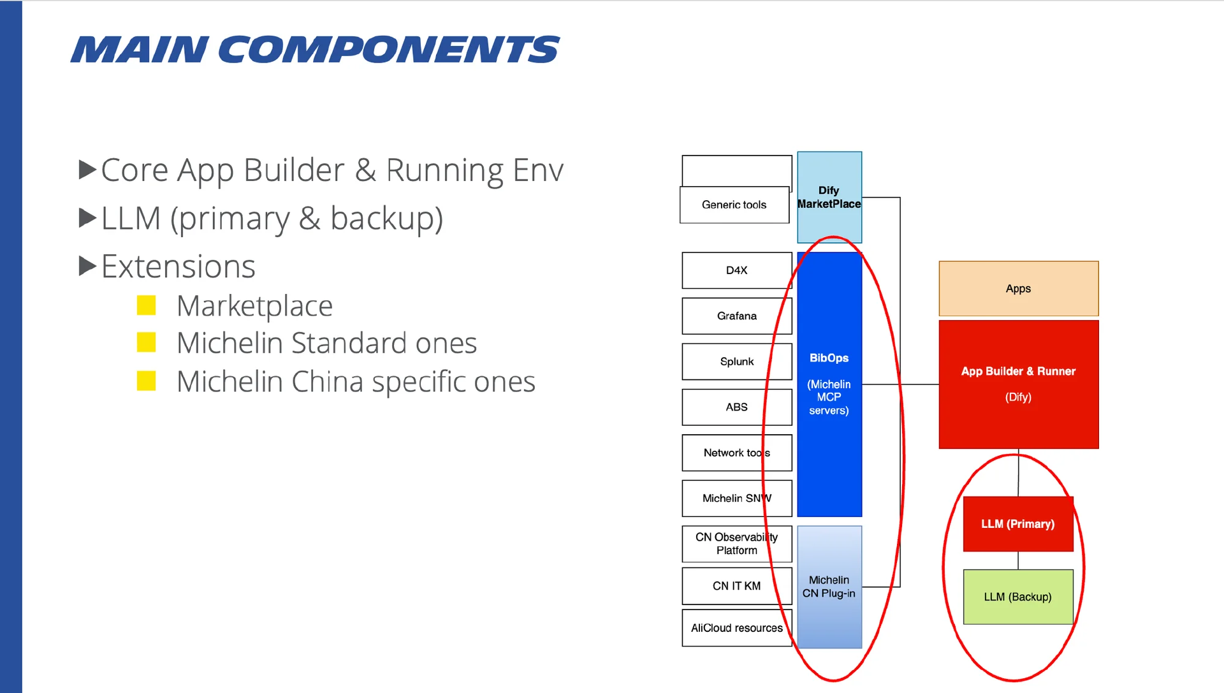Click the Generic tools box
tap(734, 205)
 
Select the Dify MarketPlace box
tap(829, 197)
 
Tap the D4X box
tap(736, 270)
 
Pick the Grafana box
tap(736, 316)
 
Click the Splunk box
tap(736, 361)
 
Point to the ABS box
tap(736, 407)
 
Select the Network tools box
tap(736, 453)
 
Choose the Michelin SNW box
tap(736, 498)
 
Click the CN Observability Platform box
tap(736, 544)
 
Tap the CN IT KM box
tap(736, 586)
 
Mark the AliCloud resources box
tap(736, 628)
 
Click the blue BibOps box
tap(829, 384)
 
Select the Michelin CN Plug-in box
tap(829, 587)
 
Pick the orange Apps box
tap(1018, 288)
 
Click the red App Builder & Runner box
tap(1018, 384)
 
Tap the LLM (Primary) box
tap(1017, 523)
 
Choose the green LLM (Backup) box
tap(1017, 597)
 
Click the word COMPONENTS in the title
tap(389, 50)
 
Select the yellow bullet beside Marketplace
tap(147, 305)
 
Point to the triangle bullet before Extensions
tap(87, 266)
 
